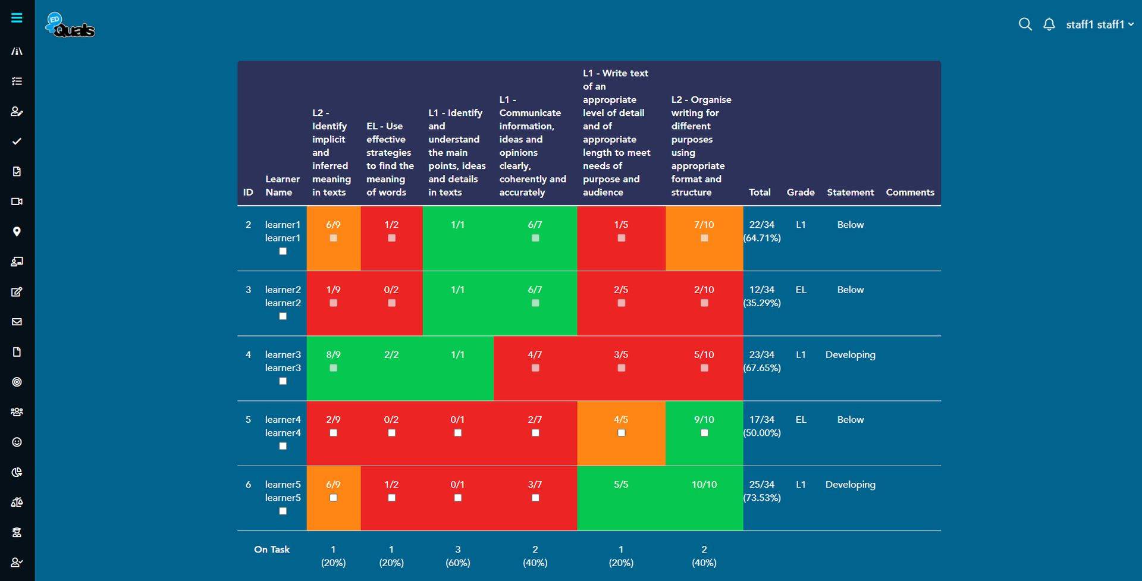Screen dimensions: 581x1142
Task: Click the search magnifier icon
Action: pos(1025,24)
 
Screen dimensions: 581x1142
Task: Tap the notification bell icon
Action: pos(1049,24)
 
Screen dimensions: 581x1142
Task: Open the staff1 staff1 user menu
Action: pos(1099,24)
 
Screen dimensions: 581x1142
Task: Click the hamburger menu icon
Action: pos(17,18)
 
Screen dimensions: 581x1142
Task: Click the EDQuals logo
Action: pos(70,26)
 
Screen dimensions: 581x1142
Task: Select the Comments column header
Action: pos(909,192)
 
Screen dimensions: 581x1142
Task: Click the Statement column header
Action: pos(850,192)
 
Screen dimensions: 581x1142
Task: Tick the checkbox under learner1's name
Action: pos(283,252)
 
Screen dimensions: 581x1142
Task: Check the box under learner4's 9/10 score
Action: pos(704,433)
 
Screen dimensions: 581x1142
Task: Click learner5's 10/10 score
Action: pos(704,485)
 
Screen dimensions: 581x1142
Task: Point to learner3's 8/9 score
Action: pos(333,354)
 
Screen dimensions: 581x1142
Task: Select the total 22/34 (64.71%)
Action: pos(761,231)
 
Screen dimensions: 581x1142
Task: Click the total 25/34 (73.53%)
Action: pos(761,491)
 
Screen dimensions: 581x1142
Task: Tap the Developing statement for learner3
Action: pos(850,354)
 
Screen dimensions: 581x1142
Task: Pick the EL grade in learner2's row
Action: pos(801,290)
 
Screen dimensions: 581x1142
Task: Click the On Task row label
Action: pos(272,549)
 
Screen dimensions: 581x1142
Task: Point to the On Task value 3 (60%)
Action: pos(457,556)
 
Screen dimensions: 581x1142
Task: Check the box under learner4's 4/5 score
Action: pos(621,433)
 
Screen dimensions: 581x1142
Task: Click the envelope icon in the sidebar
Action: pos(17,322)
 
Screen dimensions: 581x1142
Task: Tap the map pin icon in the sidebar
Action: pos(17,232)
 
